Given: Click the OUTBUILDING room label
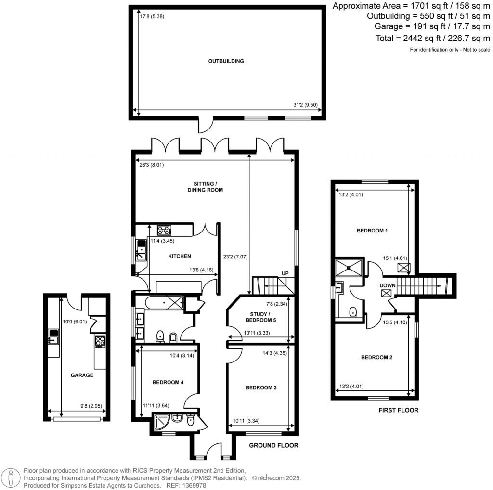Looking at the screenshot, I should tap(226, 61).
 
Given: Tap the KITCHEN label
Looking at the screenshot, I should tap(179, 256).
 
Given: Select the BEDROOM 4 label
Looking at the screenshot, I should tap(168, 382).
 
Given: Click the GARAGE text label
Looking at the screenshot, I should tap(82, 375).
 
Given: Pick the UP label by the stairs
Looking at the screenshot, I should tap(285, 273).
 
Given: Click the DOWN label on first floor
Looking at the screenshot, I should tap(388, 285).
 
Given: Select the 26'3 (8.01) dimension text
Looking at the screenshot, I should tap(151, 164).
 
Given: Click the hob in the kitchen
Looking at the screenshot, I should tap(164, 230).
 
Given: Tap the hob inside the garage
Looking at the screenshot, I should tap(100, 341).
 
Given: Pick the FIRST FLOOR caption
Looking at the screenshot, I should tap(398, 410).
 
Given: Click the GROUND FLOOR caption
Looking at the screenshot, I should tap(273, 445).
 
